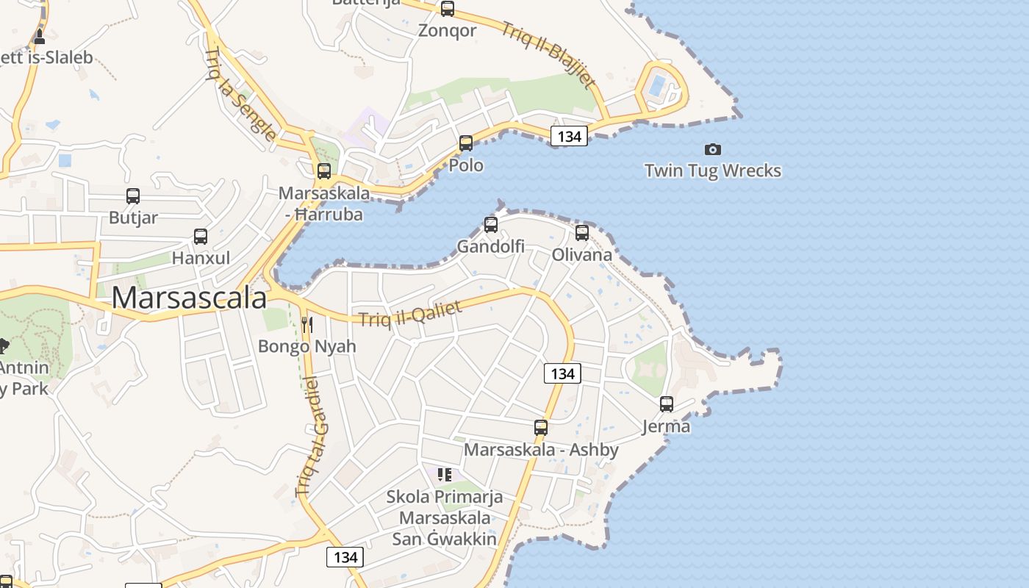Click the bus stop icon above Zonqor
click(x=448, y=9)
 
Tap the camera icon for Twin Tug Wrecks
click(x=712, y=149)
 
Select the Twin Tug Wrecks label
click(x=712, y=171)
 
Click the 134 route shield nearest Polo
click(x=569, y=136)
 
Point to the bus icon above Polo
click(x=466, y=143)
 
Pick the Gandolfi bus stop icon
click(x=491, y=225)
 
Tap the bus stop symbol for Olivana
click(x=582, y=233)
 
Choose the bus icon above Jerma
click(x=667, y=404)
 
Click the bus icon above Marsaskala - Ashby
click(x=541, y=428)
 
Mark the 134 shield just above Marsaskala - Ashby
click(x=562, y=373)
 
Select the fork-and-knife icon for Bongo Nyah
click(x=307, y=324)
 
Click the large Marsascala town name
click(x=189, y=298)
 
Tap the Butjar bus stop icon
click(x=133, y=196)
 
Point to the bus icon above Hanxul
click(x=201, y=237)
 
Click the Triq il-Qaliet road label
click(x=410, y=313)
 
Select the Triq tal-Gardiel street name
click(x=312, y=435)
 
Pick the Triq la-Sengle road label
click(x=241, y=93)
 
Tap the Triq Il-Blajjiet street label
click(x=548, y=55)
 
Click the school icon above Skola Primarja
click(x=445, y=475)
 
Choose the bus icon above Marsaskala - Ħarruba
click(x=324, y=171)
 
